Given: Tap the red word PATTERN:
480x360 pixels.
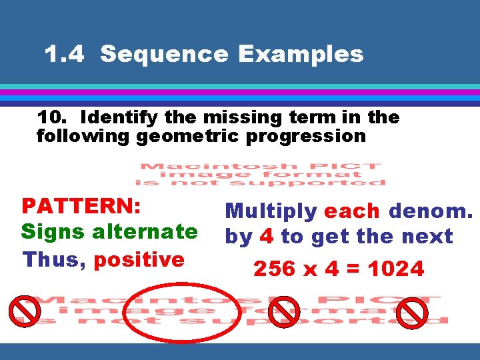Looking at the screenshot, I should pyautogui.click(x=81, y=205).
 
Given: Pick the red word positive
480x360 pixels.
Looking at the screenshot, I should pyautogui.click(x=139, y=259).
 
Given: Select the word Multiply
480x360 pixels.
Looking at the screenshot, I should pyautogui.click(x=271, y=211).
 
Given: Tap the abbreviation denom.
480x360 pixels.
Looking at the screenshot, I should pyautogui.click(x=431, y=211).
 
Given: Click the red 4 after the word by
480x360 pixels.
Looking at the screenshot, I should pyautogui.click(x=266, y=237).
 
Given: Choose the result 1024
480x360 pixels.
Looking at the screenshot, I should pyautogui.click(x=396, y=269).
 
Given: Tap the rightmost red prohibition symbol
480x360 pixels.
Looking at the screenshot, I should pyautogui.click(x=412, y=311).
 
